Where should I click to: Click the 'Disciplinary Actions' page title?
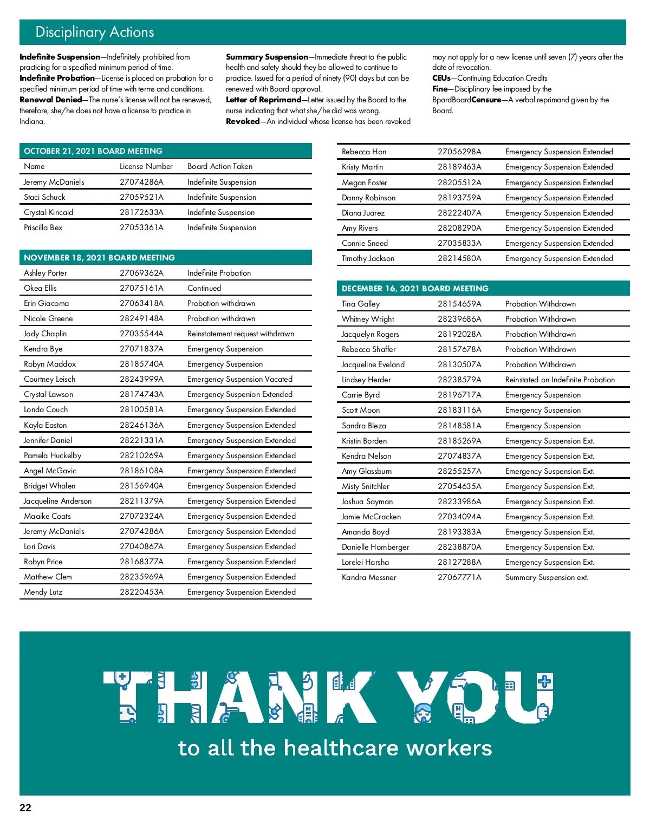click(95, 32)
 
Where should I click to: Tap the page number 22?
click(25, 807)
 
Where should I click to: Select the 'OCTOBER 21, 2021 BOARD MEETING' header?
click(93, 151)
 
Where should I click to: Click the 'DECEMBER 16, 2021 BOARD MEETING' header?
click(415, 289)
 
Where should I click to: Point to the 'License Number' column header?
click(146, 166)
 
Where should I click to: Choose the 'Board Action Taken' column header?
click(220, 166)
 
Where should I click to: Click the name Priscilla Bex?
click(43, 227)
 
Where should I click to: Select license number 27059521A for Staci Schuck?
click(141, 197)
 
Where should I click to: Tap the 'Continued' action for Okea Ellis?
click(204, 288)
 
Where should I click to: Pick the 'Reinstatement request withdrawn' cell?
click(240, 334)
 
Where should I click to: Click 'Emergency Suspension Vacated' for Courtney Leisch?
click(240, 379)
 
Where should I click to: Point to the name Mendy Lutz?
click(43, 592)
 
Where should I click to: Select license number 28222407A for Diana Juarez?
click(459, 213)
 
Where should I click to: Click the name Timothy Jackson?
click(368, 258)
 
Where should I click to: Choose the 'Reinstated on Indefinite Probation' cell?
click(560, 380)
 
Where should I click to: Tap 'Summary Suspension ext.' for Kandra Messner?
click(547, 577)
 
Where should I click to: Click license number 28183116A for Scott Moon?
click(459, 410)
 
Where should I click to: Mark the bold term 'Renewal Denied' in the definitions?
click(51, 100)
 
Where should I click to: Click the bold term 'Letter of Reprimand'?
click(264, 100)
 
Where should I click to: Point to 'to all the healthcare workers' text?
click(335, 748)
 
